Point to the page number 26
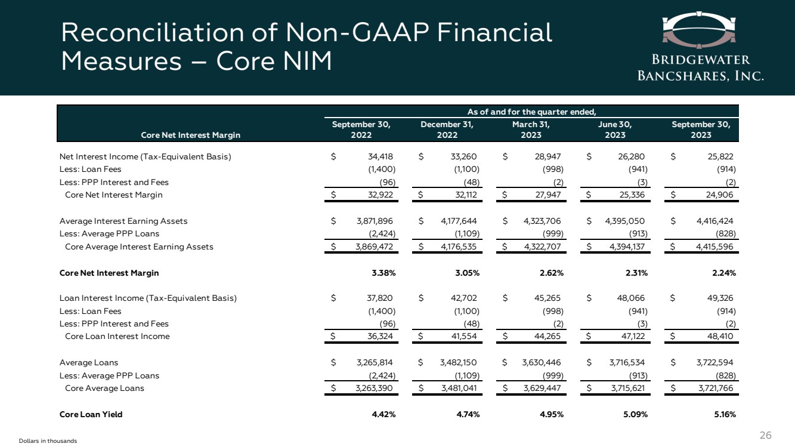(765, 434)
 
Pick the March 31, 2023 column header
(531, 130)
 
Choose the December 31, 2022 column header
(447, 130)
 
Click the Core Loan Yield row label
(91, 414)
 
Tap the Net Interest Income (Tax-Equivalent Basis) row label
(145, 157)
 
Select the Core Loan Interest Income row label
(117, 336)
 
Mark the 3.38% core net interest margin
(383, 273)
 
